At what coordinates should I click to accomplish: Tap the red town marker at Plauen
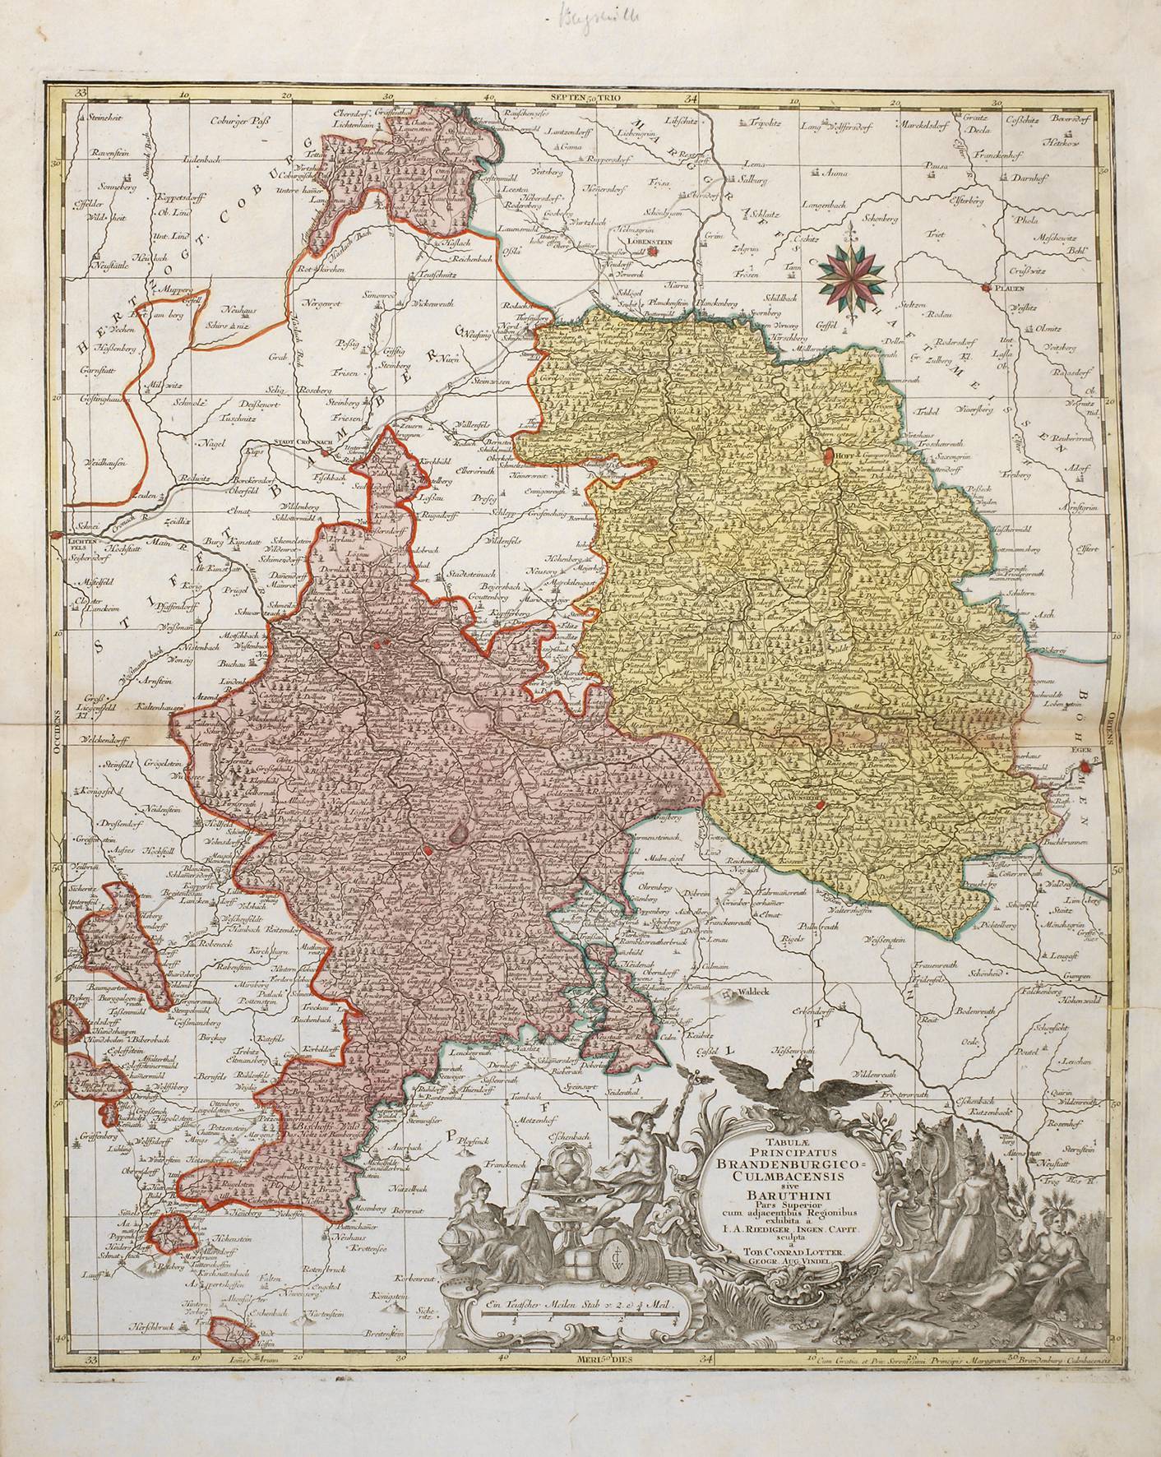(x=986, y=288)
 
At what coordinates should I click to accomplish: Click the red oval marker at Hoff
(x=826, y=451)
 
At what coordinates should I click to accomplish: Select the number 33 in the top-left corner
(x=81, y=95)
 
